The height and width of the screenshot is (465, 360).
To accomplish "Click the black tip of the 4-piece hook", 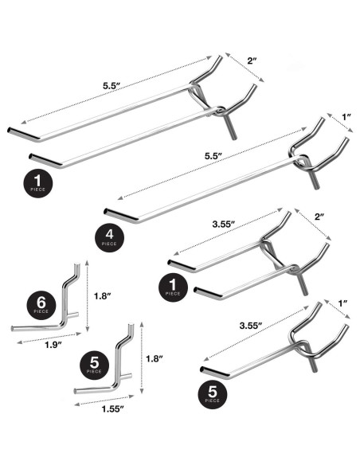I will click(x=112, y=213).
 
